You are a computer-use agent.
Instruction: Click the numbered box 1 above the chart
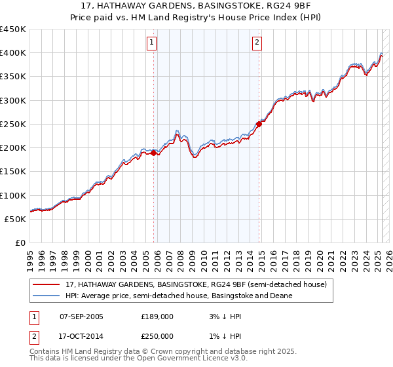151,43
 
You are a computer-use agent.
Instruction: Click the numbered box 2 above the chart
257,43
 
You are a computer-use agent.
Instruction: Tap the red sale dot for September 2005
154,153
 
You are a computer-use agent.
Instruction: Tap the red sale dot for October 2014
259,123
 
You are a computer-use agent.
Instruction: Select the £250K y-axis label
12,124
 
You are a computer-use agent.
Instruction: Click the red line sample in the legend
47,284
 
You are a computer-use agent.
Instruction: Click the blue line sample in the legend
47,296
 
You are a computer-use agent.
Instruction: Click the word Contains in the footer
46,352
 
